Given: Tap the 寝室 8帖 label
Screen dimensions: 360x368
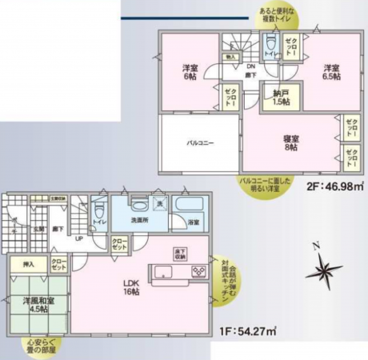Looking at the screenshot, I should coord(290,142).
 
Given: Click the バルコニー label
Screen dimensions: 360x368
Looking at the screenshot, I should coord(200,142).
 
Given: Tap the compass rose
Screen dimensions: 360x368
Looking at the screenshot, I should coord(323,271).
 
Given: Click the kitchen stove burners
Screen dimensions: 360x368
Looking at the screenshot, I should coord(196,272).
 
